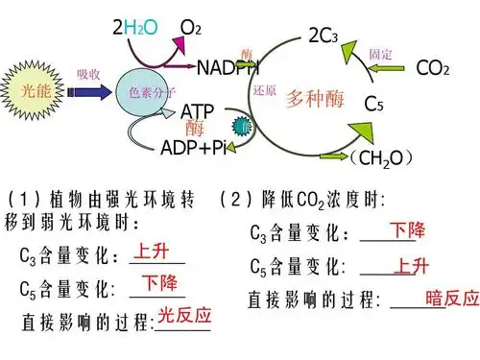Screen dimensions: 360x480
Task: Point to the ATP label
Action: [198, 112]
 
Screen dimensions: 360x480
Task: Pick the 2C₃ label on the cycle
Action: [323, 36]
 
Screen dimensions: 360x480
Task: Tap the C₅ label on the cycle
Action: [375, 103]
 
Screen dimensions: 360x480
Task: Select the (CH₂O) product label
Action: [381, 156]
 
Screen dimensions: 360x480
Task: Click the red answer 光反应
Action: [184, 315]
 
